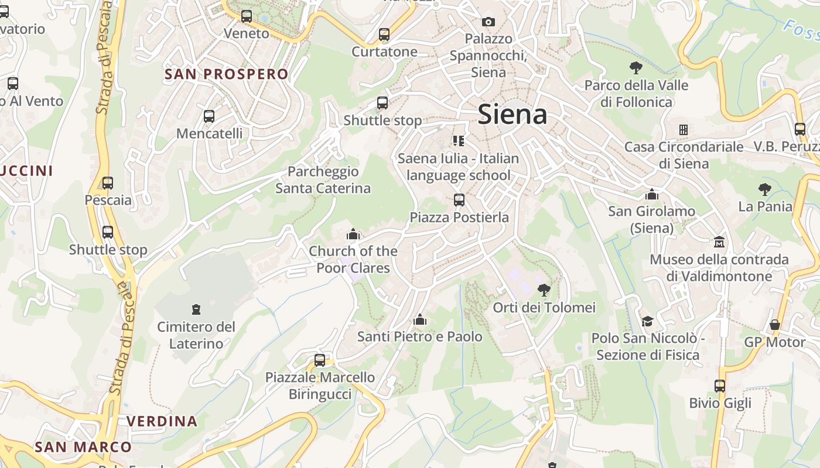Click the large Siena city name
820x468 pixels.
pyautogui.click(x=512, y=114)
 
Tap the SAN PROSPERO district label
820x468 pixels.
pyautogui.click(x=227, y=74)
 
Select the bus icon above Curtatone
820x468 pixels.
pyautogui.click(x=384, y=35)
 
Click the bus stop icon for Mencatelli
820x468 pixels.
pyautogui.click(x=209, y=116)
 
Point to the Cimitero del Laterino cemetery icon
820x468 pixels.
pyautogui.click(x=196, y=309)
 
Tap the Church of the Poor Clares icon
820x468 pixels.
pyautogui.click(x=353, y=234)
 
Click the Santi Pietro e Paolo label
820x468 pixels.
pyautogui.click(x=419, y=336)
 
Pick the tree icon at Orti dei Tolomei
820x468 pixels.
pyautogui.click(x=544, y=289)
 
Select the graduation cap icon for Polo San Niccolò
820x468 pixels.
pyautogui.click(x=647, y=321)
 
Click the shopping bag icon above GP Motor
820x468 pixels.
pyautogui.click(x=775, y=325)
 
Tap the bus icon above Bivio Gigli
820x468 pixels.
pyautogui.click(x=720, y=386)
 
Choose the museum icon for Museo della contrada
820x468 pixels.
pyautogui.click(x=719, y=242)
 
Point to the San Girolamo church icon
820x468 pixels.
pyautogui.click(x=652, y=194)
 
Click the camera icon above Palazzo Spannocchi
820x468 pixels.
pyautogui.click(x=488, y=22)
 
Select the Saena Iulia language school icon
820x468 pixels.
pyautogui.click(x=458, y=140)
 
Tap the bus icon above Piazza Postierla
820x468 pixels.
pyautogui.click(x=459, y=200)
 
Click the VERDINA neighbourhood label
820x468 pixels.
pyautogui.click(x=162, y=421)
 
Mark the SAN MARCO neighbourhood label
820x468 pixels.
pyautogui.click(x=83, y=448)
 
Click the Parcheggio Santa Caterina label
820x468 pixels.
pyautogui.click(x=323, y=180)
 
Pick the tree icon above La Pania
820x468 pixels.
pyautogui.click(x=764, y=189)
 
